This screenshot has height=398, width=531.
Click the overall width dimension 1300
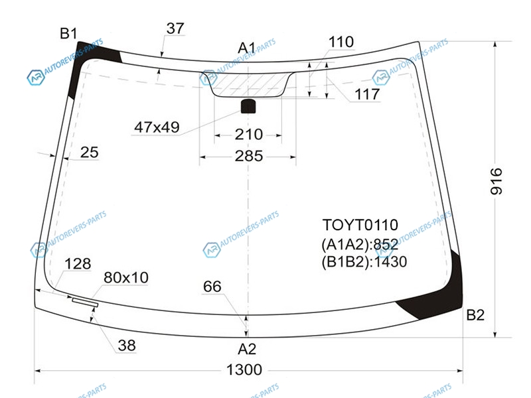pyautogui.click(x=244, y=369)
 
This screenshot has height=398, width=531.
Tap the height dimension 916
pyautogui.click(x=496, y=181)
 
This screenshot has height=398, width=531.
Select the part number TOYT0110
pyautogui.click(x=360, y=225)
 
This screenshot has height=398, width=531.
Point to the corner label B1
pyautogui.click(x=68, y=34)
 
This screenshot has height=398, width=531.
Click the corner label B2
pyautogui.click(x=475, y=315)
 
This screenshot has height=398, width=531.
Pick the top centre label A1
pyautogui.click(x=246, y=48)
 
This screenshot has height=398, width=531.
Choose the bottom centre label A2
pyautogui.click(x=247, y=349)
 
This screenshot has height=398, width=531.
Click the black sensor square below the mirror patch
pyautogui.click(x=248, y=106)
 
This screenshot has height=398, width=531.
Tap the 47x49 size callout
pyautogui.click(x=157, y=127)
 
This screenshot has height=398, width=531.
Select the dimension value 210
pyautogui.click(x=249, y=135)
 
